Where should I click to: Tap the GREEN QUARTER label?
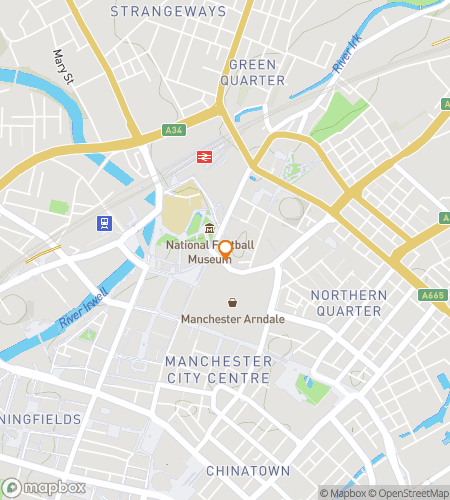(x=252, y=71)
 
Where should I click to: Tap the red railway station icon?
(x=204, y=157)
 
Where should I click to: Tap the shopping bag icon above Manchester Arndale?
(x=232, y=302)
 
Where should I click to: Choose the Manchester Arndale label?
(x=232, y=319)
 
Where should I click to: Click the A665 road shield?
(x=432, y=295)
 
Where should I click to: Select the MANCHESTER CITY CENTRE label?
(x=218, y=369)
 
